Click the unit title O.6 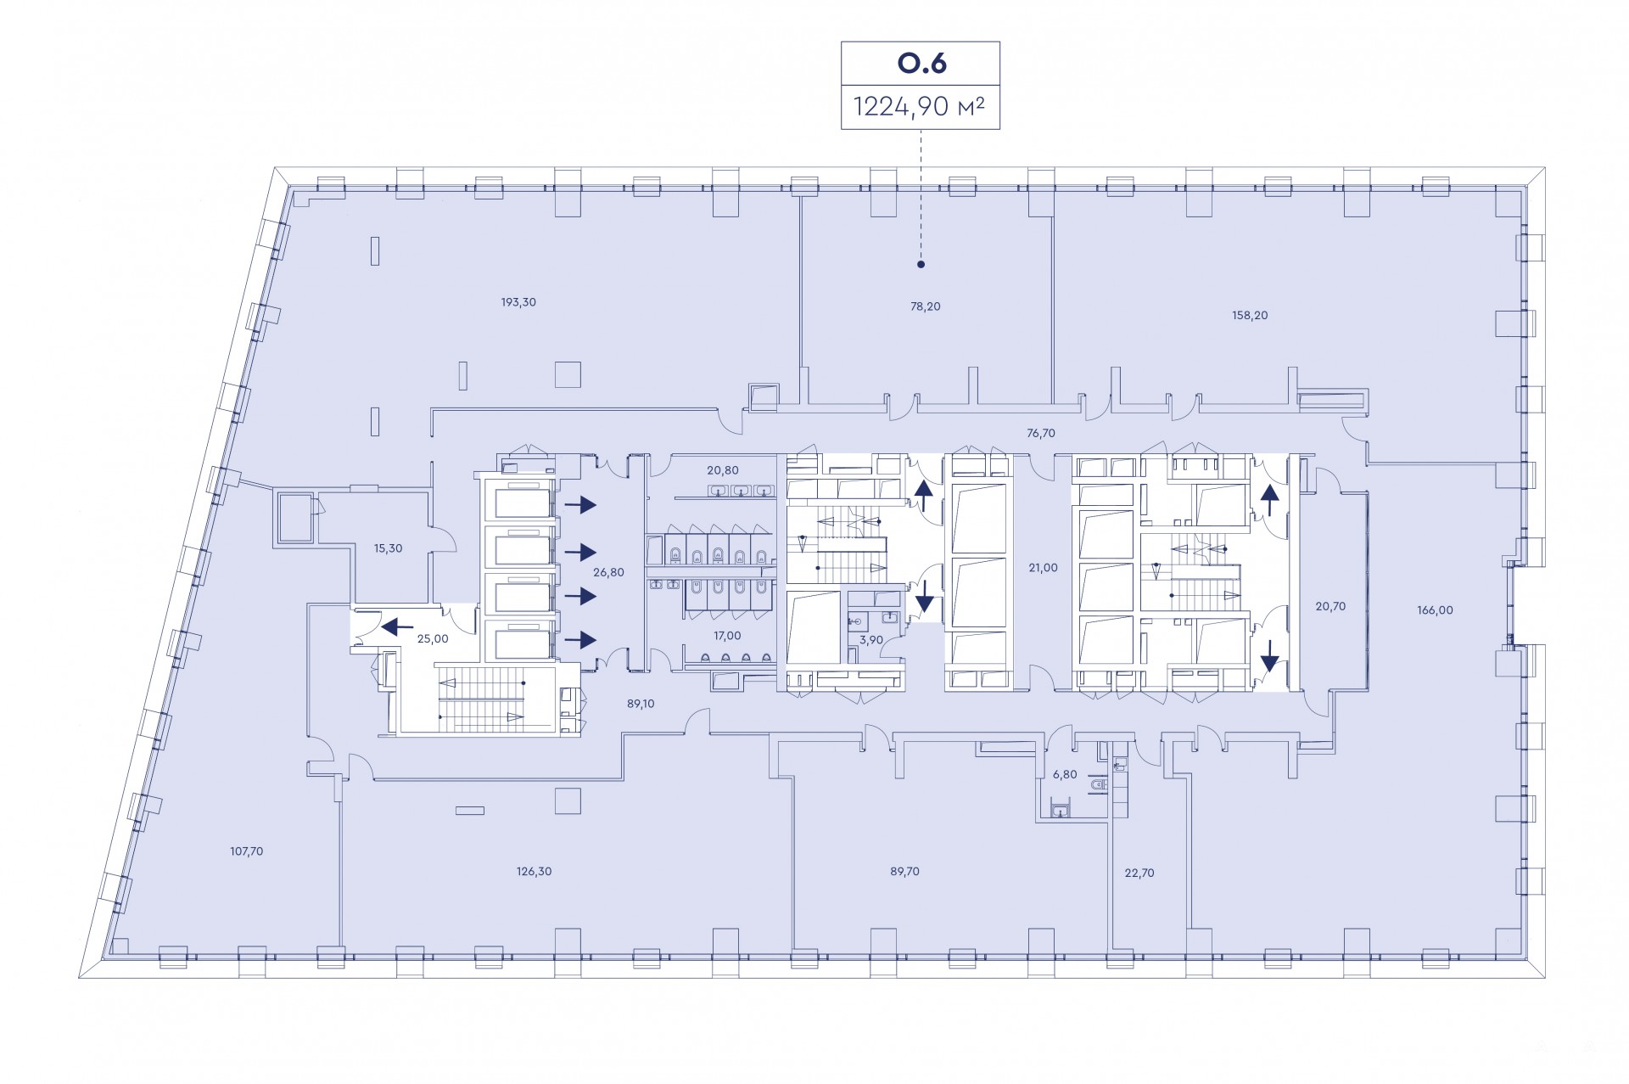[x=921, y=63]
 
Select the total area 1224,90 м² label [x=920, y=107]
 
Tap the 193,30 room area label [x=518, y=302]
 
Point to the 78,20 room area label [x=926, y=306]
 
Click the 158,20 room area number [x=1250, y=315]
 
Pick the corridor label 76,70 [x=1041, y=433]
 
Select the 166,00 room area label [x=1435, y=609]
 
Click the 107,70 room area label [x=247, y=851]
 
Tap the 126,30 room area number [x=535, y=871]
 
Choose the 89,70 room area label [x=904, y=871]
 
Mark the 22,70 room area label [x=1139, y=873]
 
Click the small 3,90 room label [x=871, y=639]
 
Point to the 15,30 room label [x=389, y=548]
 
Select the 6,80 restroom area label [x=1065, y=774]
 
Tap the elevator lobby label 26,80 [x=608, y=572]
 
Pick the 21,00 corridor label [x=1043, y=568]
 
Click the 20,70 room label [x=1330, y=606]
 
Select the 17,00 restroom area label [x=727, y=635]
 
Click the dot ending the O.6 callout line [x=921, y=265]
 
